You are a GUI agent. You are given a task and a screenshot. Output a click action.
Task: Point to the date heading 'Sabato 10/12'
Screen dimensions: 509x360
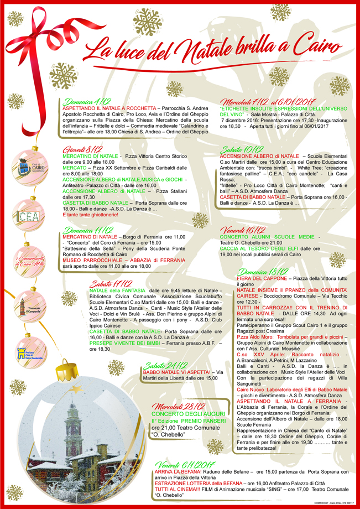242,149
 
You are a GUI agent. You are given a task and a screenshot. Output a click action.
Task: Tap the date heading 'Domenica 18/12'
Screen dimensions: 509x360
263,271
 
